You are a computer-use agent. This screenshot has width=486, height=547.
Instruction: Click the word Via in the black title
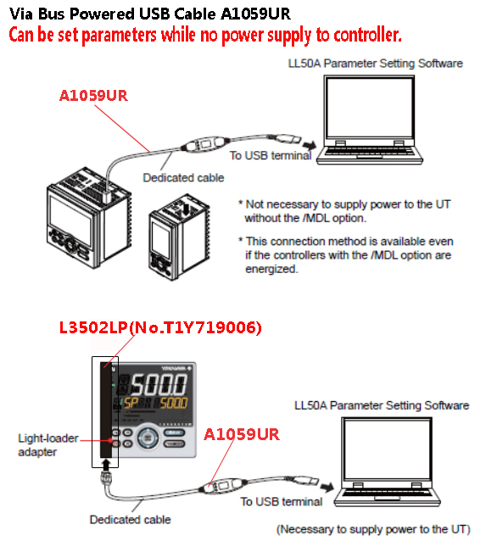click(x=23, y=14)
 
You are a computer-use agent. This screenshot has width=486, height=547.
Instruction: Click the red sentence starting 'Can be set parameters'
click(x=204, y=36)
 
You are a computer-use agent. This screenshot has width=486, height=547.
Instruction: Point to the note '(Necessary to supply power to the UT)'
click(x=374, y=528)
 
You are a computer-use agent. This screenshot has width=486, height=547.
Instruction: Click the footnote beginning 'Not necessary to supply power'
click(x=351, y=210)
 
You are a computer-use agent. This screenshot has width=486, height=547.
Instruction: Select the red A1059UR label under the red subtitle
click(x=93, y=96)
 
